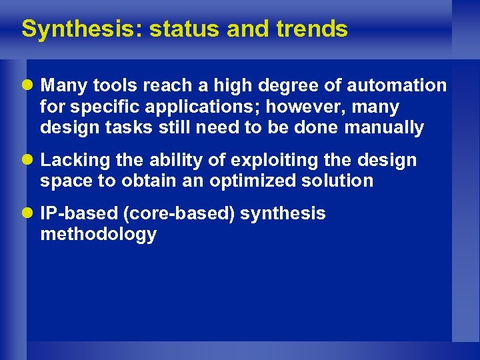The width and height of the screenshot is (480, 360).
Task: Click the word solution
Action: tap(339, 181)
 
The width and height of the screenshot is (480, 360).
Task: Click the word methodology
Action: tap(98, 235)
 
